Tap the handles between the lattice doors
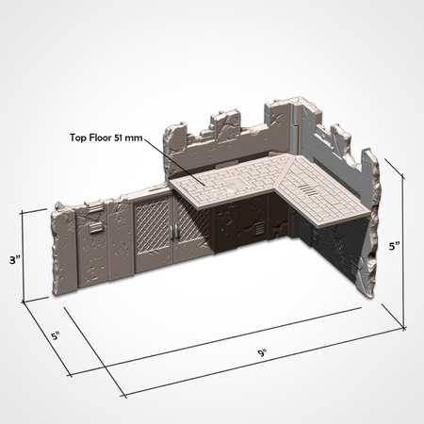(172, 236)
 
